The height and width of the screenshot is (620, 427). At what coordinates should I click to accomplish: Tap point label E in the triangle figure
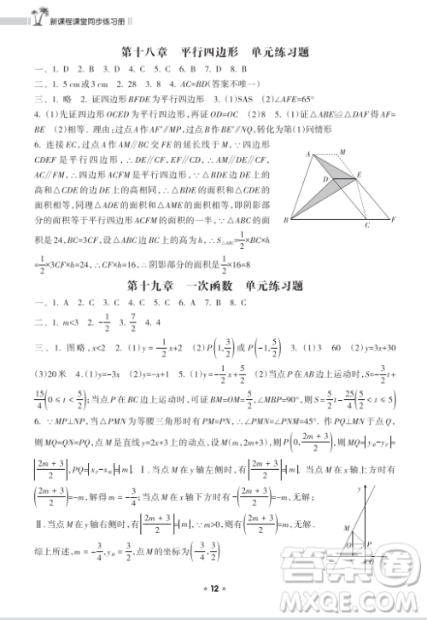360,174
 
